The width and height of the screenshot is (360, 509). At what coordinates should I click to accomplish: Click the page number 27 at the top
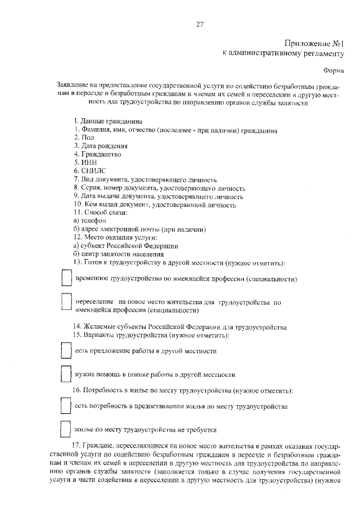tap(199, 24)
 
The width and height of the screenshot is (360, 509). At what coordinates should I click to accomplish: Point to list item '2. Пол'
tap(83, 138)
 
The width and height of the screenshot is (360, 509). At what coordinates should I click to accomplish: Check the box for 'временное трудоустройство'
tap(66, 279)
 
